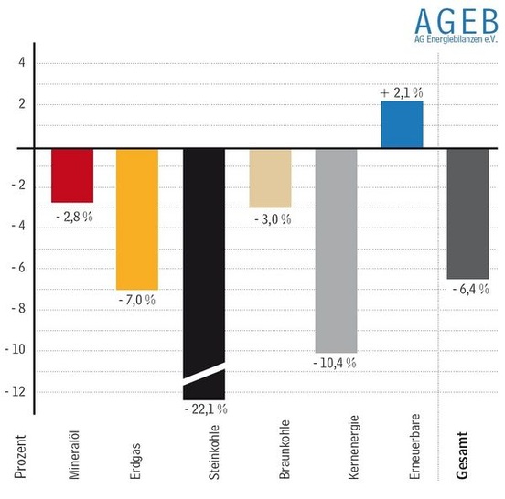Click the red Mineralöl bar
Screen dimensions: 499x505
click(x=71, y=175)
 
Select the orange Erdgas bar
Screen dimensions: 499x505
click(x=137, y=218)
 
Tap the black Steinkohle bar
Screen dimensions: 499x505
click(x=203, y=256)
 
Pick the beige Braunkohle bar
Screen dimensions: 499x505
click(x=270, y=178)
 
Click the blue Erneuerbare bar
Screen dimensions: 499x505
click(x=402, y=124)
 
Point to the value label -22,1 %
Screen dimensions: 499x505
click(x=204, y=409)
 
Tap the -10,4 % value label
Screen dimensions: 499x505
click(x=335, y=363)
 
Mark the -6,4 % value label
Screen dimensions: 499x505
click(x=469, y=289)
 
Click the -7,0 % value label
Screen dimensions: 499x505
click(x=137, y=299)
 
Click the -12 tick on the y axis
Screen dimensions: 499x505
click(x=17, y=391)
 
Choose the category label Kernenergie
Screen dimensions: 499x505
click(x=353, y=451)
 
